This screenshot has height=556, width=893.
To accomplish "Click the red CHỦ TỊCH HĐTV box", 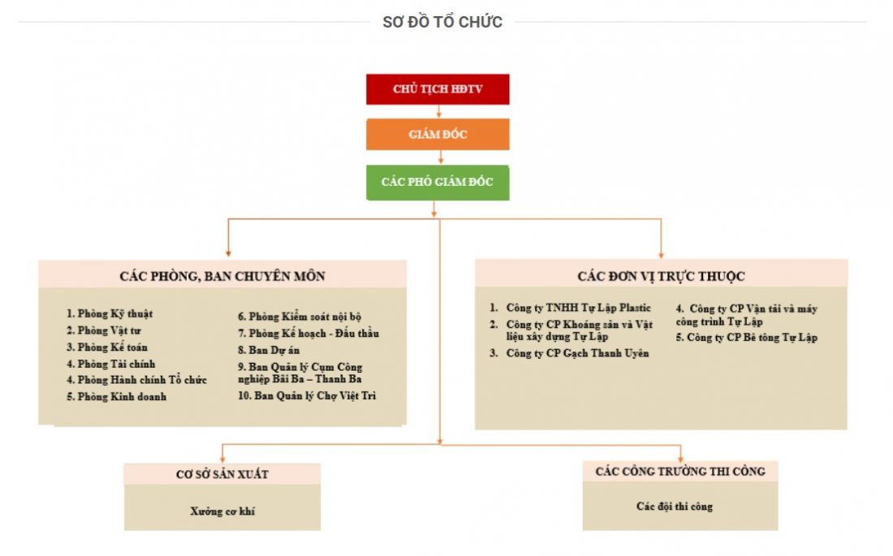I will tap(438, 89).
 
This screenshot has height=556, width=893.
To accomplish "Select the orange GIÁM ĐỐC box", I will tap(438, 134).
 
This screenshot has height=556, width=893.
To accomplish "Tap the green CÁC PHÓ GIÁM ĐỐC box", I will tap(438, 182).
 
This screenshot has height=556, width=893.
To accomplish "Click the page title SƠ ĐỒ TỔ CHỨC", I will tap(442, 22).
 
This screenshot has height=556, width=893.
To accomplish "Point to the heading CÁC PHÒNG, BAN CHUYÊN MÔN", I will tap(222, 276).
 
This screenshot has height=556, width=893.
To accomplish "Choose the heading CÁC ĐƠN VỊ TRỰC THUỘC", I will tap(661, 276).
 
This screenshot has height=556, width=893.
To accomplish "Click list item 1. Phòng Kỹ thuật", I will tap(110, 313).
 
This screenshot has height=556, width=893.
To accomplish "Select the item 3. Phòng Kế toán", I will tap(107, 347).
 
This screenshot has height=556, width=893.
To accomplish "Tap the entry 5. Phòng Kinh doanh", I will tap(116, 397).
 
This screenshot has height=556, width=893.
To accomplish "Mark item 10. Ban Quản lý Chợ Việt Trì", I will tap(307, 396).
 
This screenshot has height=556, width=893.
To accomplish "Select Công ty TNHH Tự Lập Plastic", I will tap(578, 308).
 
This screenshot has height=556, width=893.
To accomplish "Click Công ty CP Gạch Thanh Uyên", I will tap(577, 353).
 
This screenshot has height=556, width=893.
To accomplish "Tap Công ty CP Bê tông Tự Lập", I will tap(746, 338).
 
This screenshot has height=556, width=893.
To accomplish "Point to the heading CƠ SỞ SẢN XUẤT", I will tap(222, 474).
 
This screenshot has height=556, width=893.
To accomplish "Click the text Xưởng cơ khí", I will tap(222, 511).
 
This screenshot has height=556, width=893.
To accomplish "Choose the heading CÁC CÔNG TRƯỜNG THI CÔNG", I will tap(680, 472).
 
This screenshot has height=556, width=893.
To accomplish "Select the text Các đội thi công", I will tap(680, 506).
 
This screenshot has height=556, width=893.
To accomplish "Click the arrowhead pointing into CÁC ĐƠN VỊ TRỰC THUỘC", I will tap(661, 254).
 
